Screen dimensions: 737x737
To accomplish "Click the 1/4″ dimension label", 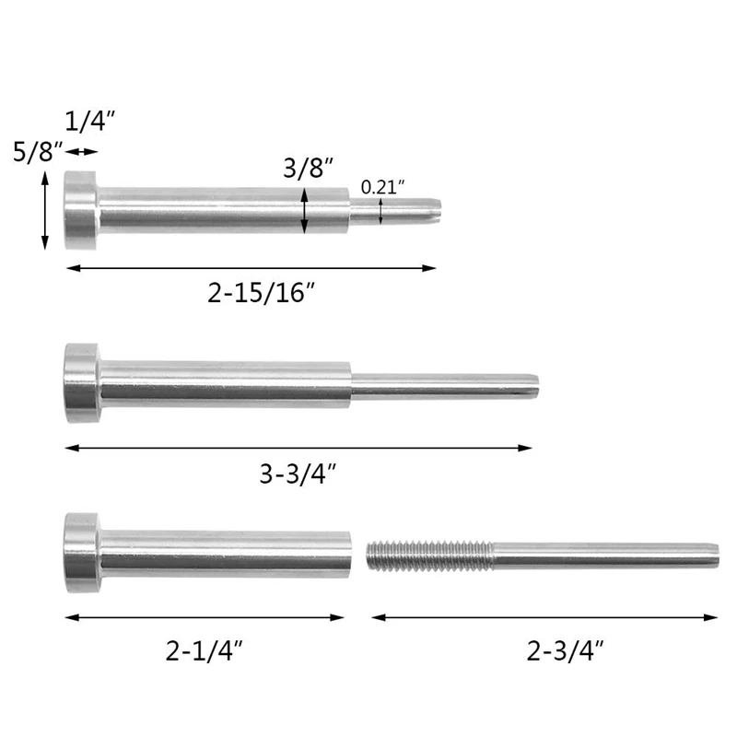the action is (89, 121).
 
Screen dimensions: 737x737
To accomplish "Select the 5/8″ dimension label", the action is (38, 151).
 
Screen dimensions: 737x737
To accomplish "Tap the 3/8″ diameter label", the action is (308, 168).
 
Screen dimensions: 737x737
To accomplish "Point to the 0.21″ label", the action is (382, 187).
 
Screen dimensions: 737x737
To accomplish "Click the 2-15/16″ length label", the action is (261, 293).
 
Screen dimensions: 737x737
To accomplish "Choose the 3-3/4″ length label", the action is (298, 474).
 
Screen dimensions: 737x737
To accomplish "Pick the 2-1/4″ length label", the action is (204, 651).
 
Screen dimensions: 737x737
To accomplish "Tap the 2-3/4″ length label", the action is (565, 651).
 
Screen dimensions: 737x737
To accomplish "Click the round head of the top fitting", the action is (81, 210).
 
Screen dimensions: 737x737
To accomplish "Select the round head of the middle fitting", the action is (82, 382).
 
